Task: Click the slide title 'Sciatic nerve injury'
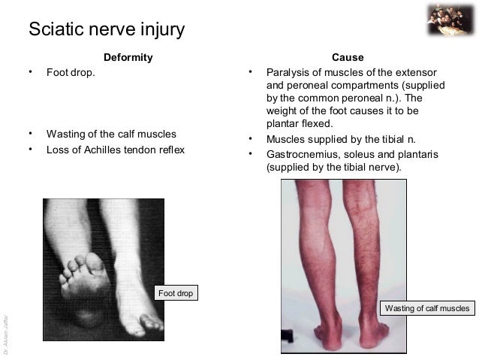click(106, 30)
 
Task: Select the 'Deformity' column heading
click(127, 58)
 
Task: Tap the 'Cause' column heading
click(348, 58)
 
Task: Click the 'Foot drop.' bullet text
click(71, 73)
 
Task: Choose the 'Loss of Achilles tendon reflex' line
click(115, 150)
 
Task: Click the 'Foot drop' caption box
click(176, 292)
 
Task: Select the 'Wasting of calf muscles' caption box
click(427, 308)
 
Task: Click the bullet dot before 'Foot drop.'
click(30, 72)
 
